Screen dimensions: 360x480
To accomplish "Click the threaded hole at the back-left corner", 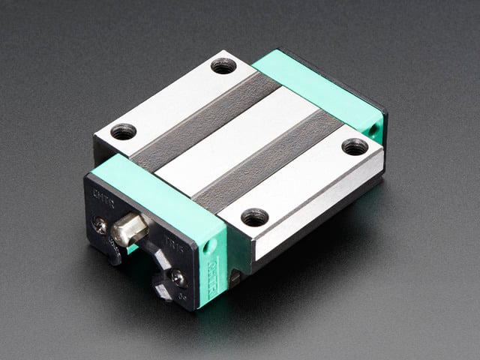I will tap(223, 65).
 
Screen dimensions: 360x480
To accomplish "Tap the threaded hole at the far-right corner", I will tap(355, 146).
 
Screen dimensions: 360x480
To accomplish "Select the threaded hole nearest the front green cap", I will tap(254, 217).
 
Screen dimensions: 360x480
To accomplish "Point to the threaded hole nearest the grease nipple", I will tap(124, 131).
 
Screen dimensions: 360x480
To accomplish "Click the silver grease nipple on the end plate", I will tap(128, 229).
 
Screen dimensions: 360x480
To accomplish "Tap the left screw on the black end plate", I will tap(99, 223).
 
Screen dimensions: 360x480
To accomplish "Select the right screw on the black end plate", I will tap(178, 278).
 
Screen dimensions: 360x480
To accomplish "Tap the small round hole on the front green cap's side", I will tap(211, 244).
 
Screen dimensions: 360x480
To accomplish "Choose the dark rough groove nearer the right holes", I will tap(270, 165).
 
